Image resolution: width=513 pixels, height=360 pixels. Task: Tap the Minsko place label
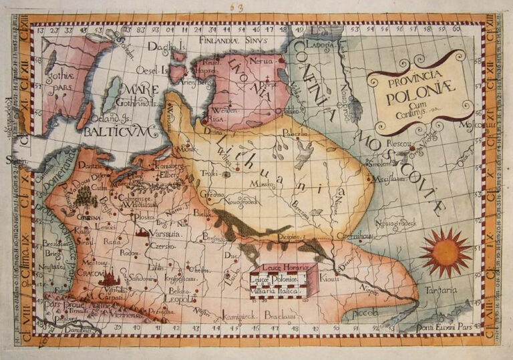pyautogui.click(x=257, y=183)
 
